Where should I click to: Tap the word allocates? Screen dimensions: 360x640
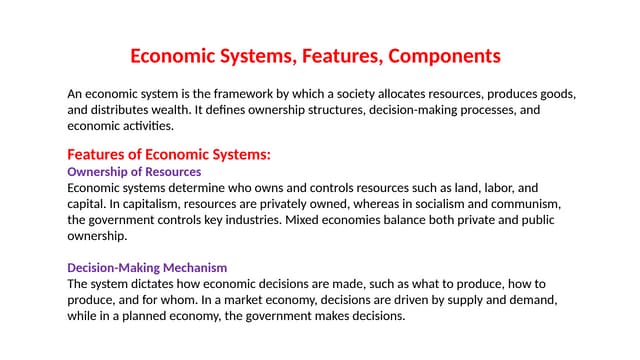[x=402, y=94]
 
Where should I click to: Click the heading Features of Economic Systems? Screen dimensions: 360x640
[x=169, y=155]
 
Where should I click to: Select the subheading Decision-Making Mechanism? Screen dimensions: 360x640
[x=147, y=268]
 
